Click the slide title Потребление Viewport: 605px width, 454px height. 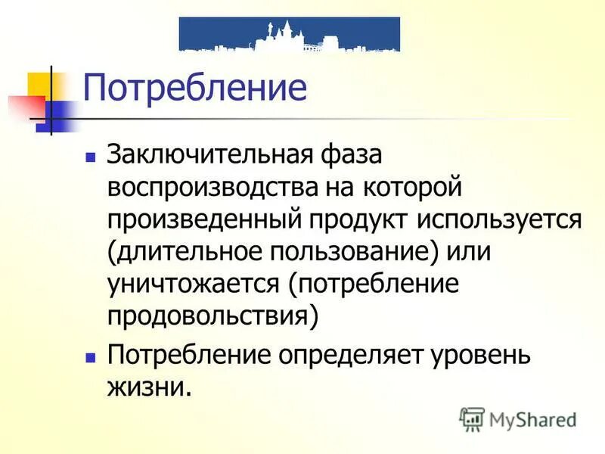[194, 89]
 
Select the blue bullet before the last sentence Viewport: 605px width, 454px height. [91, 354]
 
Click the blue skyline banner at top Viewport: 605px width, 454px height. [290, 34]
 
